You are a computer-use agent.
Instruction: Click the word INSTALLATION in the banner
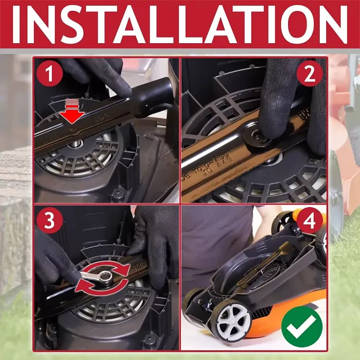(180, 23)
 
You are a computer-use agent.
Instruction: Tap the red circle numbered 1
(50, 75)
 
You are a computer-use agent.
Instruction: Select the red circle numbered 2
(310, 75)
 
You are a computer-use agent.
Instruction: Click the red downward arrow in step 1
(74, 114)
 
